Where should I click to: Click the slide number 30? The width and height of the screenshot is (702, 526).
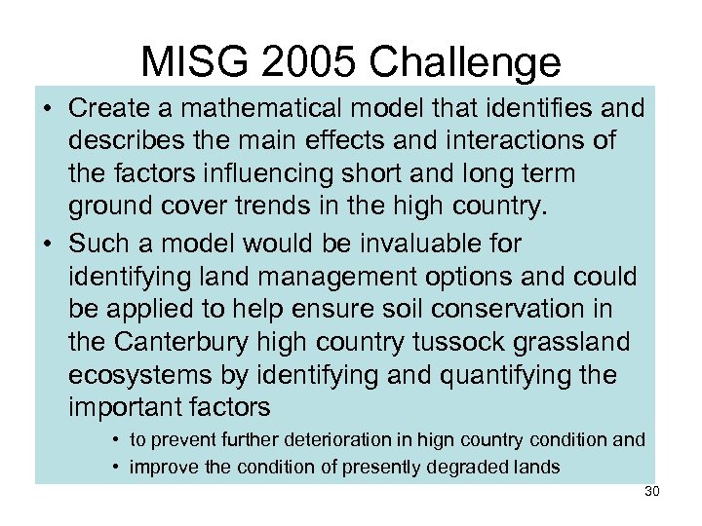(x=652, y=492)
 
